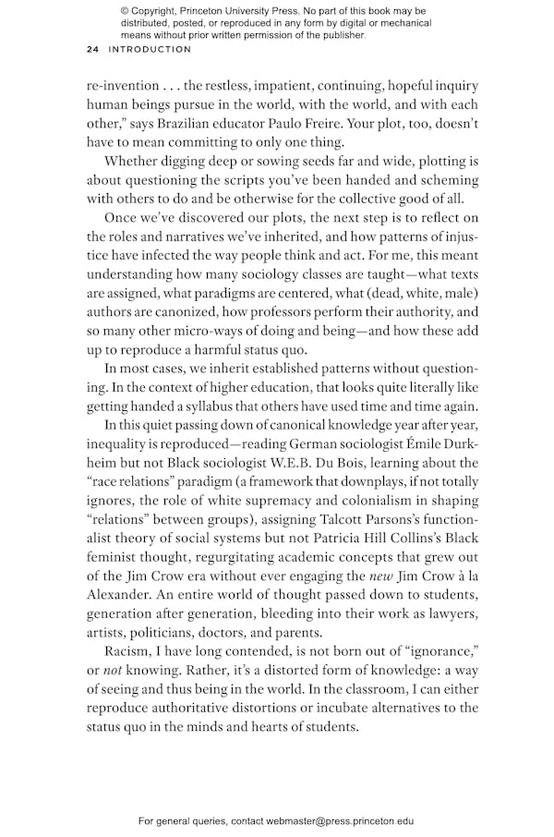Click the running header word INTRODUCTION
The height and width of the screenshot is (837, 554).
151,49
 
